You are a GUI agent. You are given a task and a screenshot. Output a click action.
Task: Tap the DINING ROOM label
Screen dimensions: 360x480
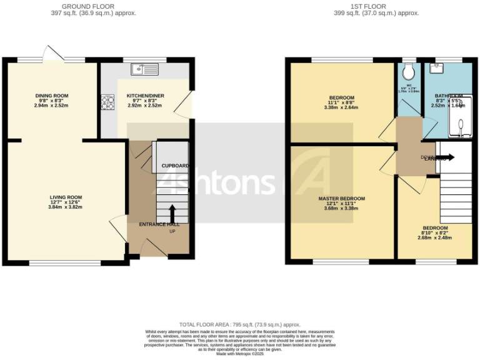click(51, 96)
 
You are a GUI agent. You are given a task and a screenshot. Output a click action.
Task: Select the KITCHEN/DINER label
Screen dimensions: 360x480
click(145, 96)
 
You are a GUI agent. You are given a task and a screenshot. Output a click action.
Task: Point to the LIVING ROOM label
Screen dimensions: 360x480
click(66, 197)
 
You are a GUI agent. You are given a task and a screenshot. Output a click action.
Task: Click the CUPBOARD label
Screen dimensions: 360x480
click(175, 166)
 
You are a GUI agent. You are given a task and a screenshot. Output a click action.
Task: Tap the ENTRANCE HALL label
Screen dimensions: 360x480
click(159, 224)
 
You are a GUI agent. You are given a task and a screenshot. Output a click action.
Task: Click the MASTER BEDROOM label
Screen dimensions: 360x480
click(341, 199)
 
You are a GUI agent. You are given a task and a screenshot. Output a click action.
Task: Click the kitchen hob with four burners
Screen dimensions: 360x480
click(107, 101)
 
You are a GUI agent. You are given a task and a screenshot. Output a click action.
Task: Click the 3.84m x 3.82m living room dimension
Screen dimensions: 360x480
click(66, 207)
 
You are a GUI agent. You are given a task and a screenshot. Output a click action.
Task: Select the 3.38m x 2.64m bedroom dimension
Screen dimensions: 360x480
click(341, 107)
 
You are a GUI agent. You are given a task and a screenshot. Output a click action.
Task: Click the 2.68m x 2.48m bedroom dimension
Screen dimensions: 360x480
click(435, 237)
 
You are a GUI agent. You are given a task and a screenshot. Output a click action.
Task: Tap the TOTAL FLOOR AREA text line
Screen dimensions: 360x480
click(240, 325)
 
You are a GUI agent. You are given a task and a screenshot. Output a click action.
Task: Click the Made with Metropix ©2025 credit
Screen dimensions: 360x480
click(240, 354)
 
